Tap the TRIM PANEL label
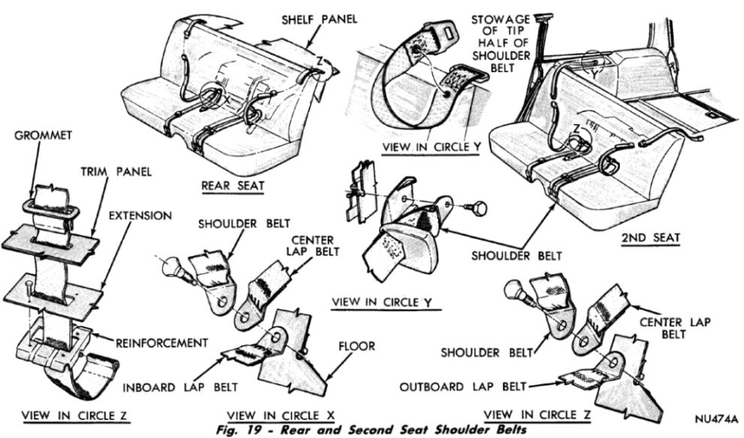tap(116, 172)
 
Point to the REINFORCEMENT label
tap(162, 343)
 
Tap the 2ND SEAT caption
tap(650, 238)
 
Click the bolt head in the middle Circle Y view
tap(476, 204)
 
